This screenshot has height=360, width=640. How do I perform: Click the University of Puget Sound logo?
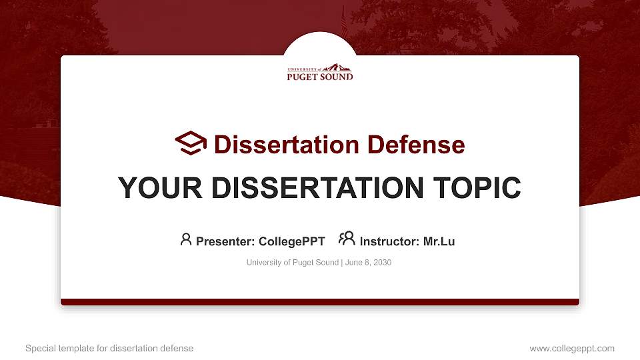pos(320,72)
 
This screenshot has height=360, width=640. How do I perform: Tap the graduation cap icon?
pos(191,143)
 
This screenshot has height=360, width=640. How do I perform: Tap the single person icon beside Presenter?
pos(186,239)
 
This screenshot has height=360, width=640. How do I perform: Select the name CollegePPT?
pos(291,241)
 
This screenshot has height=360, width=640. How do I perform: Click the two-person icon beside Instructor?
pos(346,239)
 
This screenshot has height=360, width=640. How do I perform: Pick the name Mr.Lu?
pos(439,241)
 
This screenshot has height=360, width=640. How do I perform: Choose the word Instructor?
pos(389,241)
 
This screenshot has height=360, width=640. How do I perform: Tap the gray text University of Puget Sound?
pos(292,263)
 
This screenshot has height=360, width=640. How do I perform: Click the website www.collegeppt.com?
pos(572,349)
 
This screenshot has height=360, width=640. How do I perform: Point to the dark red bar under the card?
pos(320,302)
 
